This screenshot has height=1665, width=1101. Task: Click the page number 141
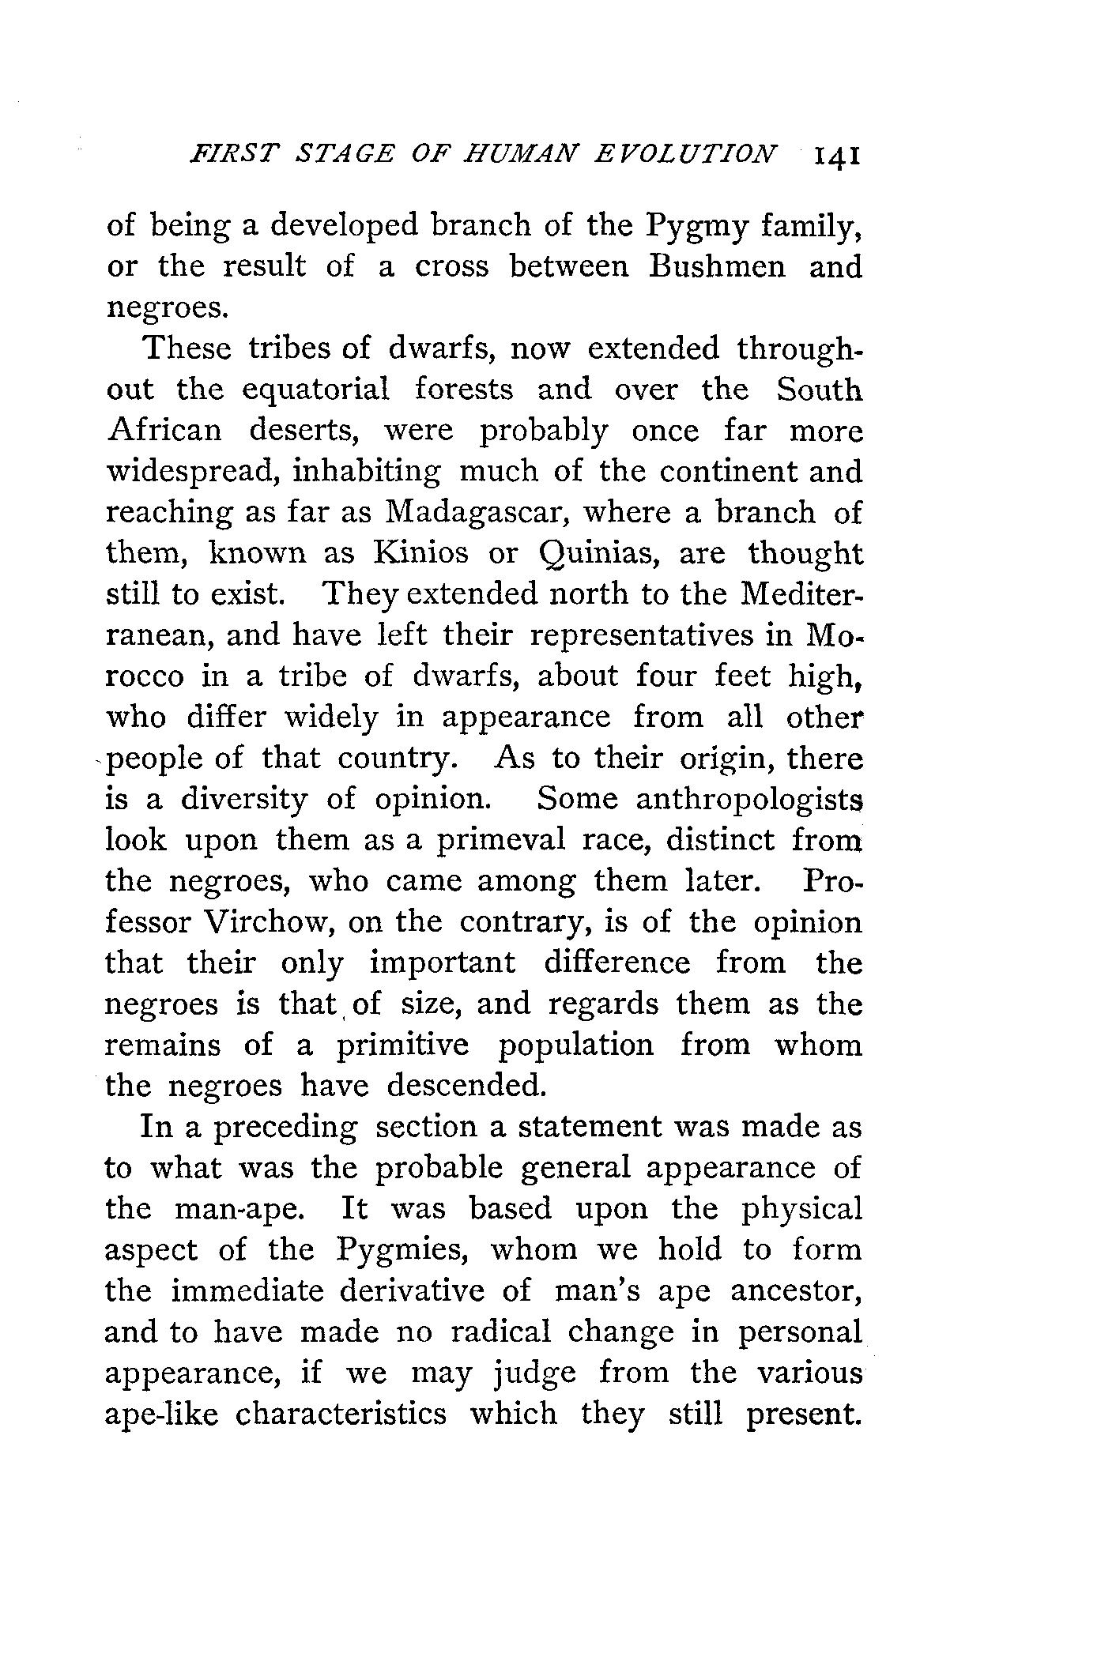(831, 155)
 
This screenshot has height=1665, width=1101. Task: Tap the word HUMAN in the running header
(522, 153)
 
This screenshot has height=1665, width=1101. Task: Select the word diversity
(243, 800)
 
